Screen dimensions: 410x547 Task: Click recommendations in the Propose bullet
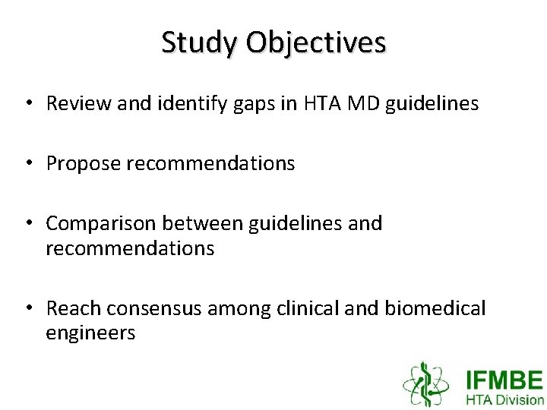pyautogui.click(x=210, y=164)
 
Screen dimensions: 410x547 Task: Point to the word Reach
pyautogui.click(x=74, y=308)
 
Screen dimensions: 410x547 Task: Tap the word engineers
pyautogui.click(x=90, y=333)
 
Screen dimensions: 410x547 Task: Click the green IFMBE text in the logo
pyautogui.click(x=504, y=380)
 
